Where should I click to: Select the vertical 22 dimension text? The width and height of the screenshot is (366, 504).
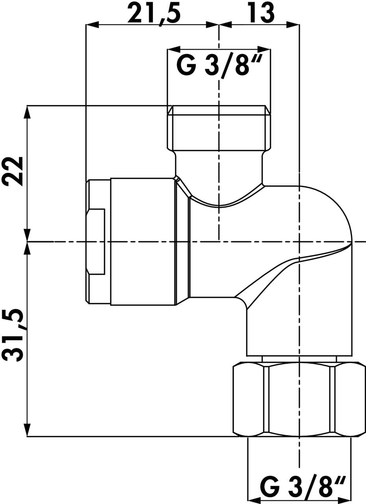13,171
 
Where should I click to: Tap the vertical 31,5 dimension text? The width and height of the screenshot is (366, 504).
13,336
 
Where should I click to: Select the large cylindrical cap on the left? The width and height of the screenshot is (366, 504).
143,241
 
